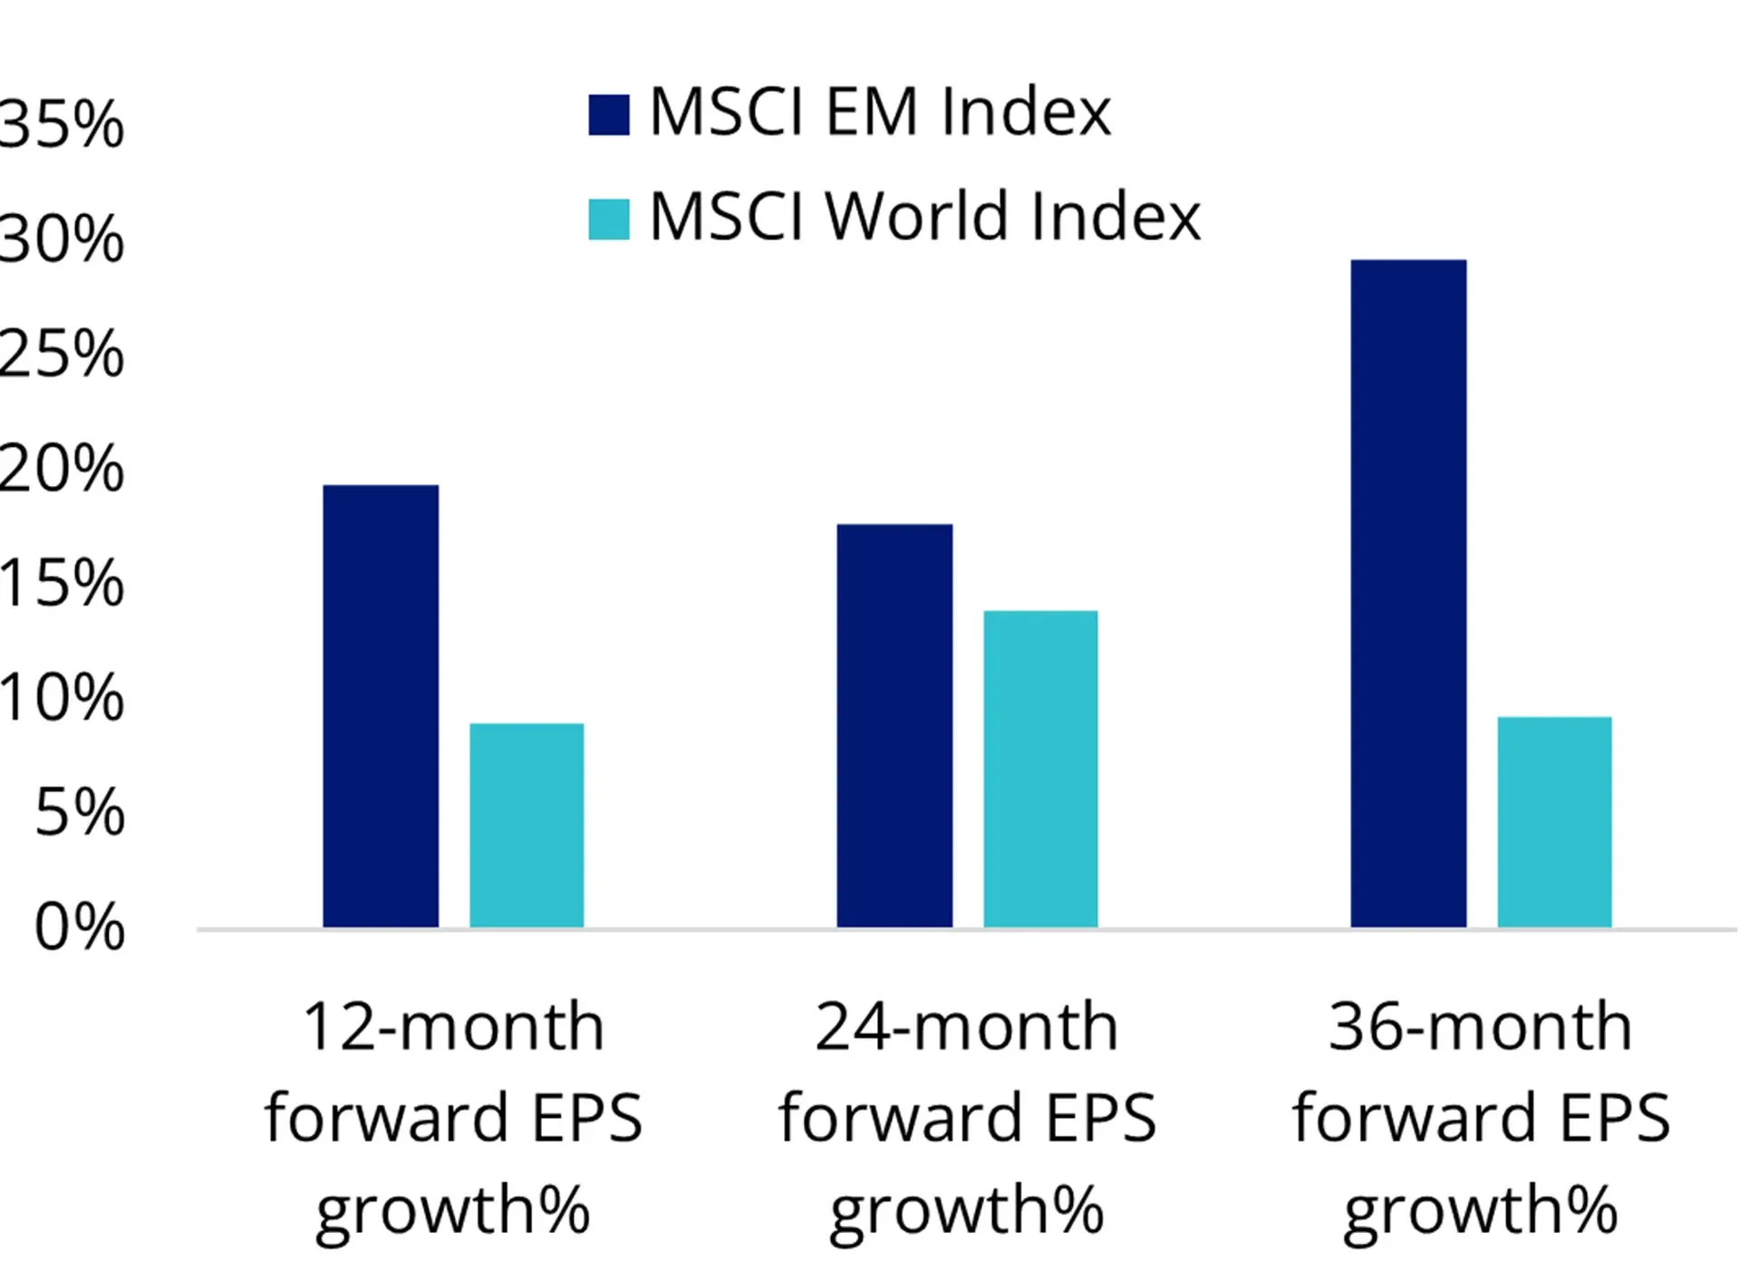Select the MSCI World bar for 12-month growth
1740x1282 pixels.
[527, 824]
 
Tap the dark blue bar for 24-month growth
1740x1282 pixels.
[894, 725]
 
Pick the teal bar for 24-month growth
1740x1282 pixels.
[1040, 768]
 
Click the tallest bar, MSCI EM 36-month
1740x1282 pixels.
[1408, 593]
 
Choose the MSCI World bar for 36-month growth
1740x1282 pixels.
[1554, 821]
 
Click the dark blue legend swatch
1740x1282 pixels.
[609, 115]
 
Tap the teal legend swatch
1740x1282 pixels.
[609, 219]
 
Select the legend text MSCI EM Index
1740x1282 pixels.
[880, 112]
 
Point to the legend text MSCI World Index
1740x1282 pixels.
[925, 217]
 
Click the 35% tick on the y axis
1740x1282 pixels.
[62, 124]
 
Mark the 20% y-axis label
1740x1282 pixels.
[62, 470]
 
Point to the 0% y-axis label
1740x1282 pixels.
[80, 928]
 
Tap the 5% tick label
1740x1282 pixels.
[80, 812]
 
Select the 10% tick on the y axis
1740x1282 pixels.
[62, 698]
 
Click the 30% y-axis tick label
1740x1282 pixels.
[62, 239]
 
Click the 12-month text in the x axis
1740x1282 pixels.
[453, 1027]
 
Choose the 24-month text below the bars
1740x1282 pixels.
[967, 1027]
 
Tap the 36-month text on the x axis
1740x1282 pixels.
[1481, 1027]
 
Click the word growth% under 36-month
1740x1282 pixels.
[1481, 1210]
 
